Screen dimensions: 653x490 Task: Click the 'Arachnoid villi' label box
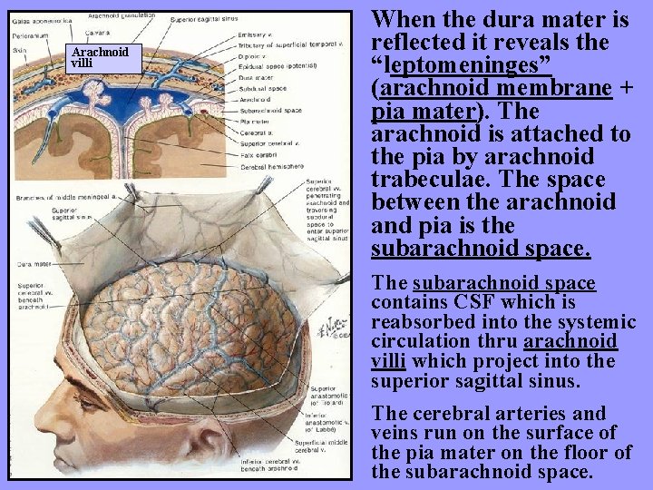100,58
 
